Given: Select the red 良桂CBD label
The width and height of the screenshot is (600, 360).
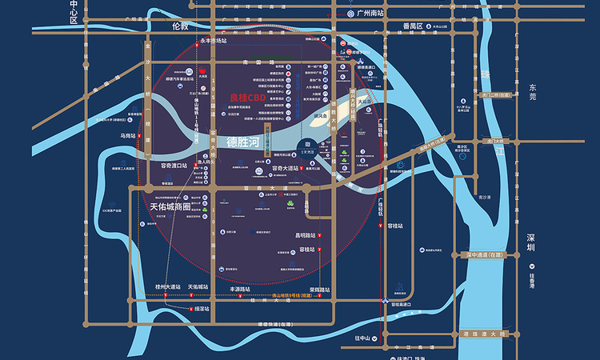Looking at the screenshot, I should tap(247, 98).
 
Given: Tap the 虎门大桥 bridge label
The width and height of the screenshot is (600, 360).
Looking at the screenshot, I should tap(498, 141).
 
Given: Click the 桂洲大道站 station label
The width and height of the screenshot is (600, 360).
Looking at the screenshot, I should tap(168, 286).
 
